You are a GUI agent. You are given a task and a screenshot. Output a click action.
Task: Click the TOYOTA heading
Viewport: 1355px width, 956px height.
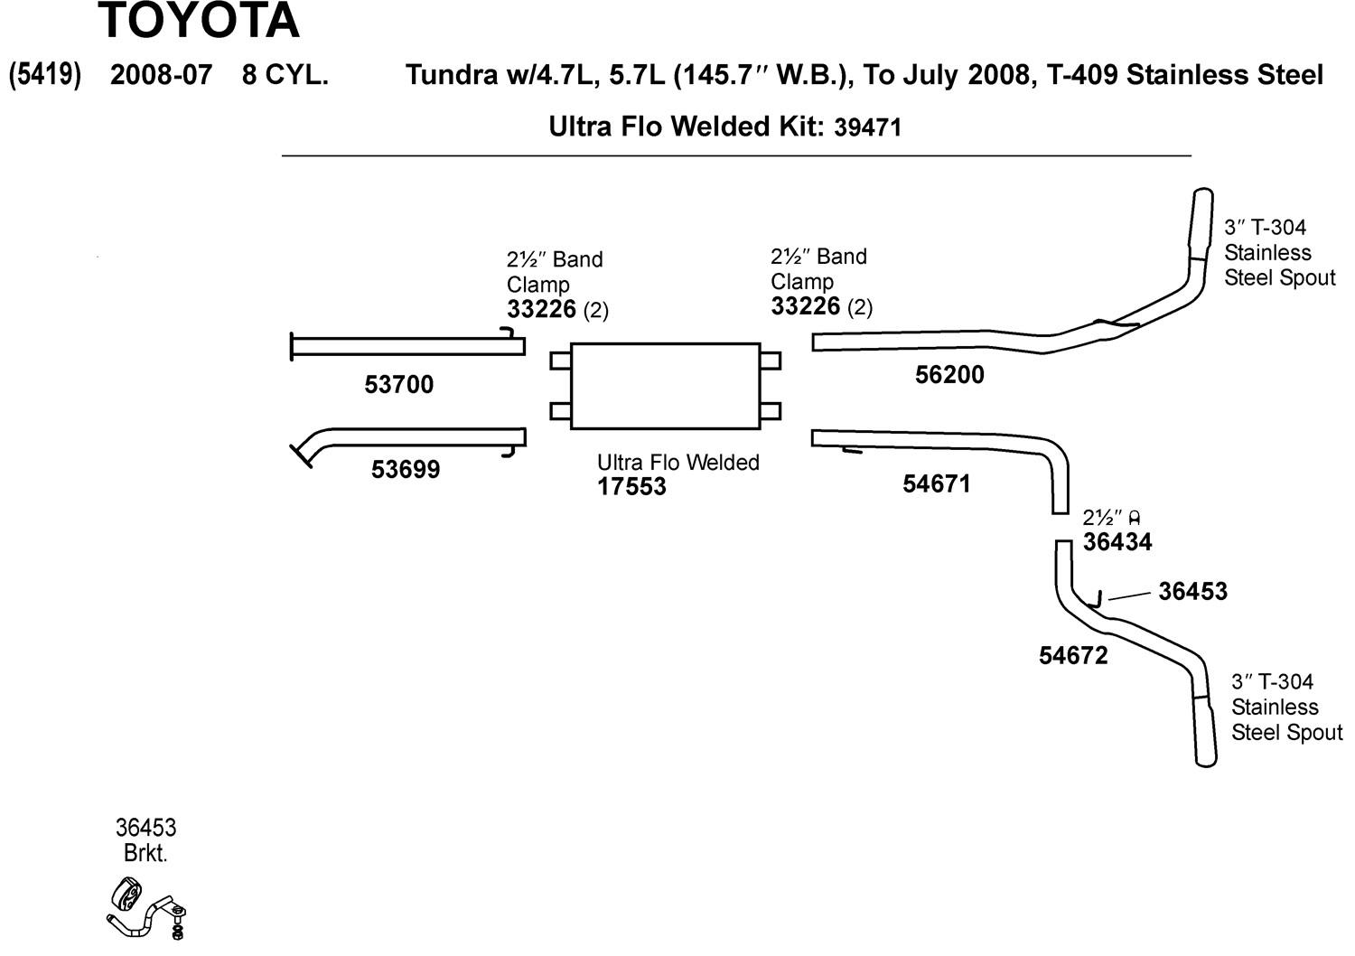pyautogui.click(x=198, y=22)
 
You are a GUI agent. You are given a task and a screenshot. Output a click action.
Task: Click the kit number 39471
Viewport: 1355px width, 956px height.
pyautogui.click(x=867, y=127)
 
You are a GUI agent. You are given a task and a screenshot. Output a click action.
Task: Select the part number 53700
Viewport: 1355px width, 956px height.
pyautogui.click(x=398, y=385)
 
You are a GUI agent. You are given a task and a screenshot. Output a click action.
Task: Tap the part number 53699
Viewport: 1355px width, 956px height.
pyautogui.click(x=406, y=470)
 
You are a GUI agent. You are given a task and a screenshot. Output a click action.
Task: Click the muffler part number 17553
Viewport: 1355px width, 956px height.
pyautogui.click(x=631, y=487)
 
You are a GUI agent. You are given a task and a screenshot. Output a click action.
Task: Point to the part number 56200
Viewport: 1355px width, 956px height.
pyautogui.click(x=949, y=375)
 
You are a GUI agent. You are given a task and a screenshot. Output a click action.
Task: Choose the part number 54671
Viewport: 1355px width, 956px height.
pyautogui.click(x=937, y=484)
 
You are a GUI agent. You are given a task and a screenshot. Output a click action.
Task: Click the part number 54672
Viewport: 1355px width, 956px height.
pyautogui.click(x=1073, y=656)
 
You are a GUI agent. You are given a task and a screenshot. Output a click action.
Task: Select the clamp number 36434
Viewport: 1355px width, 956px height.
pyautogui.click(x=1117, y=542)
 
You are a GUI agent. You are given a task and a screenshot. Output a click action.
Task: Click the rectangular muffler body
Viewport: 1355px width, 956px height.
pyautogui.click(x=665, y=386)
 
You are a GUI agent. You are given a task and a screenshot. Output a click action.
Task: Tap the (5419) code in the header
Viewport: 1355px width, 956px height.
pyautogui.click(x=45, y=75)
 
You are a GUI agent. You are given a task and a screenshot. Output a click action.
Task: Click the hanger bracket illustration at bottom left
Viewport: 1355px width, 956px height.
pyautogui.click(x=147, y=908)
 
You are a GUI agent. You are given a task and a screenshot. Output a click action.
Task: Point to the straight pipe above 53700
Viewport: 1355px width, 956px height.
pyautogui.click(x=406, y=345)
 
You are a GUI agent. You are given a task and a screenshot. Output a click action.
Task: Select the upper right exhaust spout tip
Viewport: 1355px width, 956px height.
pyautogui.click(x=1201, y=221)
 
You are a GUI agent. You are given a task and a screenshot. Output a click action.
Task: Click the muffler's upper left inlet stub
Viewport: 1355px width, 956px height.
pyautogui.click(x=560, y=361)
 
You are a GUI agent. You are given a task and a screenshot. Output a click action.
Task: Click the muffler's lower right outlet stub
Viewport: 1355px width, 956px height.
pyautogui.click(x=770, y=411)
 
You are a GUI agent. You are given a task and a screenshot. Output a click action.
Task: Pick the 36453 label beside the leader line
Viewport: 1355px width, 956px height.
pyautogui.click(x=1192, y=592)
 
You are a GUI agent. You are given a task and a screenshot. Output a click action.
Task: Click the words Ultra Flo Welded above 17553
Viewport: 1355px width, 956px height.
pyautogui.click(x=677, y=463)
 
